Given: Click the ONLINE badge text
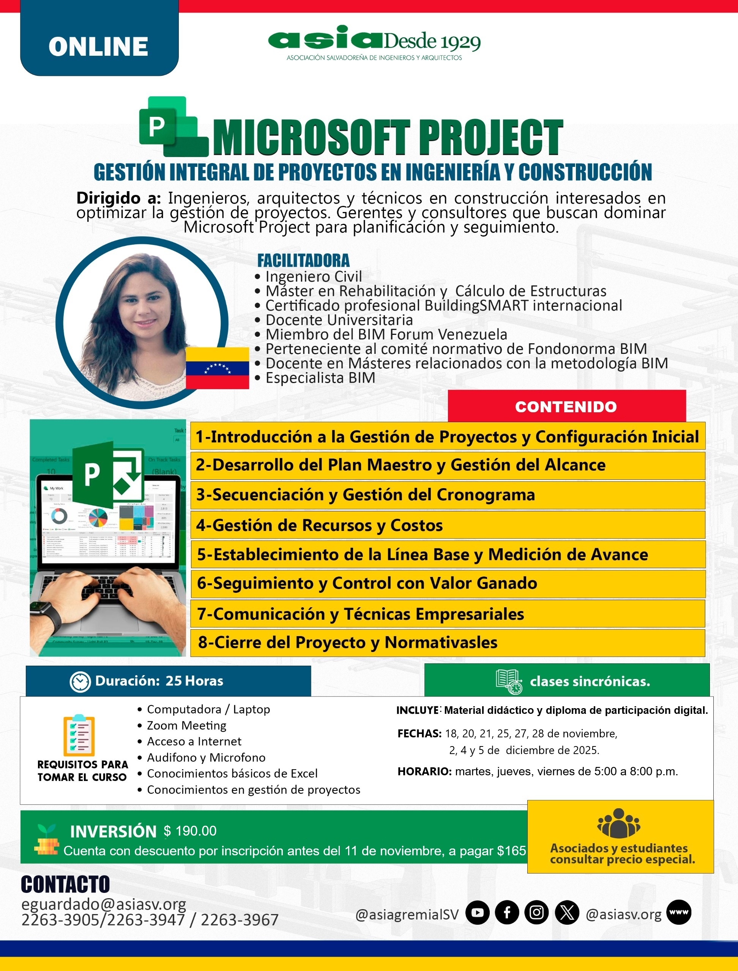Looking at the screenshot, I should click(98, 47).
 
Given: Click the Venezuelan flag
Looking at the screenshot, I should click(218, 368).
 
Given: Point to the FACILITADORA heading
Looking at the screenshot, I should click(303, 260).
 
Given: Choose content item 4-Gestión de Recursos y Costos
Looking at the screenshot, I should click(319, 525).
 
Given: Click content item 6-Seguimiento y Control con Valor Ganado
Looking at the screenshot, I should click(367, 583).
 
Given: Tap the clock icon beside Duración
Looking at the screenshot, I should click(80, 681).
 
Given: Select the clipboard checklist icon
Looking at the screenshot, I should click(79, 736).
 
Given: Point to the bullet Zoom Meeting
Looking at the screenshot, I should click(186, 726).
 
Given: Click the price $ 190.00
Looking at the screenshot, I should click(190, 831).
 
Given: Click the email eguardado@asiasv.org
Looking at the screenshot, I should click(104, 904).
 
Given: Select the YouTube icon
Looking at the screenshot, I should click(478, 913).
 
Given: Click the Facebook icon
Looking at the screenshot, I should click(507, 913).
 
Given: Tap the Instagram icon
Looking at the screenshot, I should click(536, 913).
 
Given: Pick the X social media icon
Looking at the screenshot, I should click(567, 913).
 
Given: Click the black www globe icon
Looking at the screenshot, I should click(679, 912).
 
